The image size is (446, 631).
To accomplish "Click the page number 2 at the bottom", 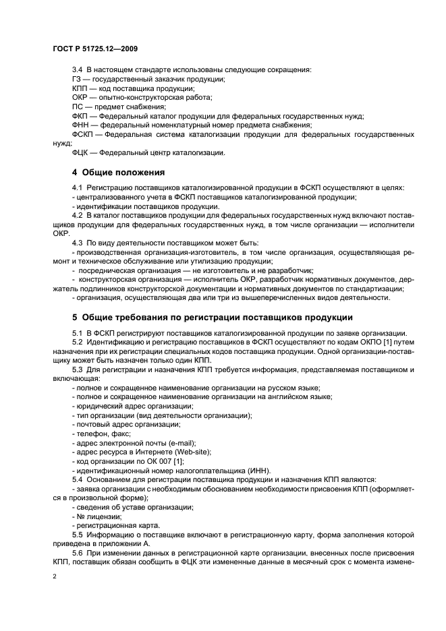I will (55, 577).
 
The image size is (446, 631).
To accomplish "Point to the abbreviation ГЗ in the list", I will (77, 79).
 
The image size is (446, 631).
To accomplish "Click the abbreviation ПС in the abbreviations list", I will (78, 106).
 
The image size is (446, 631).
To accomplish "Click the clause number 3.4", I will (78, 70).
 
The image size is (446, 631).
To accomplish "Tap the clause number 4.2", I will (78, 214).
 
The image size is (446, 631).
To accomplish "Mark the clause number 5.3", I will (78, 369).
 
